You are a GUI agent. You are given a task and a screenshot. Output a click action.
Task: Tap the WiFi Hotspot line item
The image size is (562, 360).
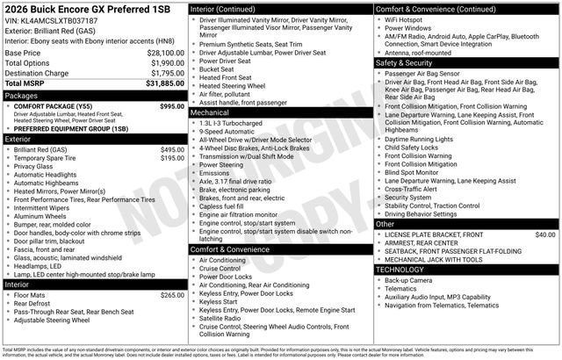(x=408, y=18)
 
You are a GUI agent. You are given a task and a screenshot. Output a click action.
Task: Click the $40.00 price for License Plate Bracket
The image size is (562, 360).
(x=545, y=235)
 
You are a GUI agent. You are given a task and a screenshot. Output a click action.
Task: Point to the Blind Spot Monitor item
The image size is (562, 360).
(x=413, y=172)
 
